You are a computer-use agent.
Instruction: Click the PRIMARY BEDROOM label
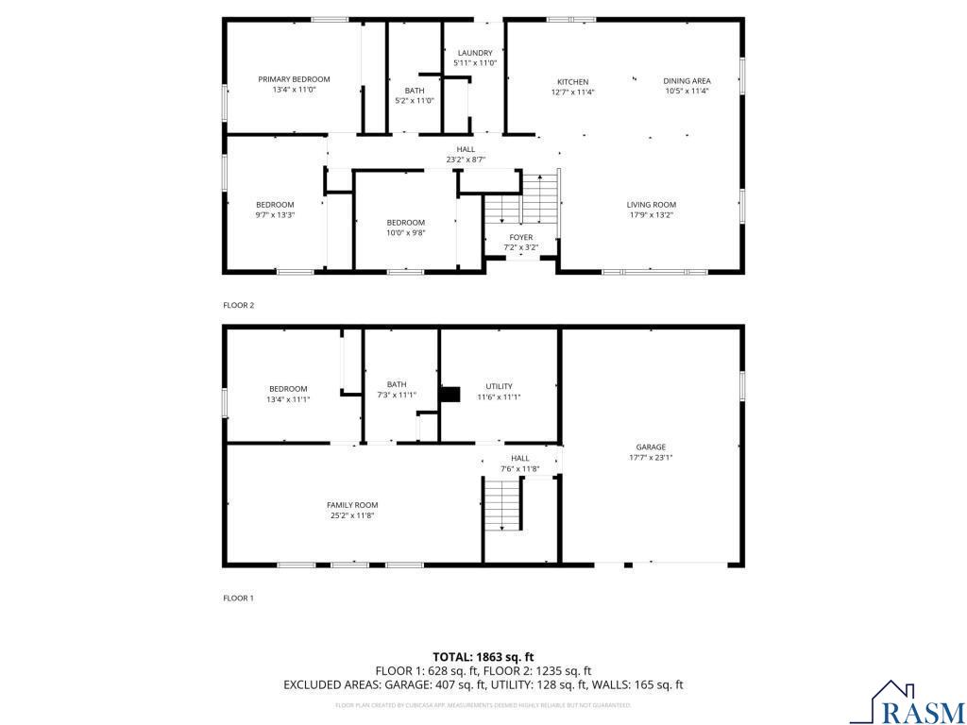click(x=295, y=79)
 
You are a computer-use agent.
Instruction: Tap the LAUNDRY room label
click(x=475, y=53)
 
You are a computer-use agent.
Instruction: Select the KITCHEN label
click(x=572, y=82)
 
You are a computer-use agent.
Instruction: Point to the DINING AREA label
click(x=687, y=81)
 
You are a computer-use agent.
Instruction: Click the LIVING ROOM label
click(x=652, y=205)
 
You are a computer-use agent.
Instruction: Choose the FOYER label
click(x=521, y=238)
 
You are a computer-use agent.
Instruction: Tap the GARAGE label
click(x=651, y=447)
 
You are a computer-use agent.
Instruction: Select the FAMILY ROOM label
click(x=352, y=505)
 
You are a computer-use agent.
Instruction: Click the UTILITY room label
click(x=499, y=386)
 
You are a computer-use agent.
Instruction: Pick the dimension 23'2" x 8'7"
click(x=466, y=160)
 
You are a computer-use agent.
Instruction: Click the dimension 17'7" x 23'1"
click(x=651, y=458)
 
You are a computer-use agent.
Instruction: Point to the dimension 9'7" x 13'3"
click(x=275, y=214)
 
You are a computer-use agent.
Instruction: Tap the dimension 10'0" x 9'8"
click(x=405, y=232)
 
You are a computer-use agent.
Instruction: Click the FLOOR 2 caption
click(x=238, y=305)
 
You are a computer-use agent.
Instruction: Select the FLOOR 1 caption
click(x=238, y=598)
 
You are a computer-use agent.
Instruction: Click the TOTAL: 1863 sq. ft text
click(x=483, y=656)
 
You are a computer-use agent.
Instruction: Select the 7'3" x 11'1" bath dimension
click(x=396, y=395)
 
